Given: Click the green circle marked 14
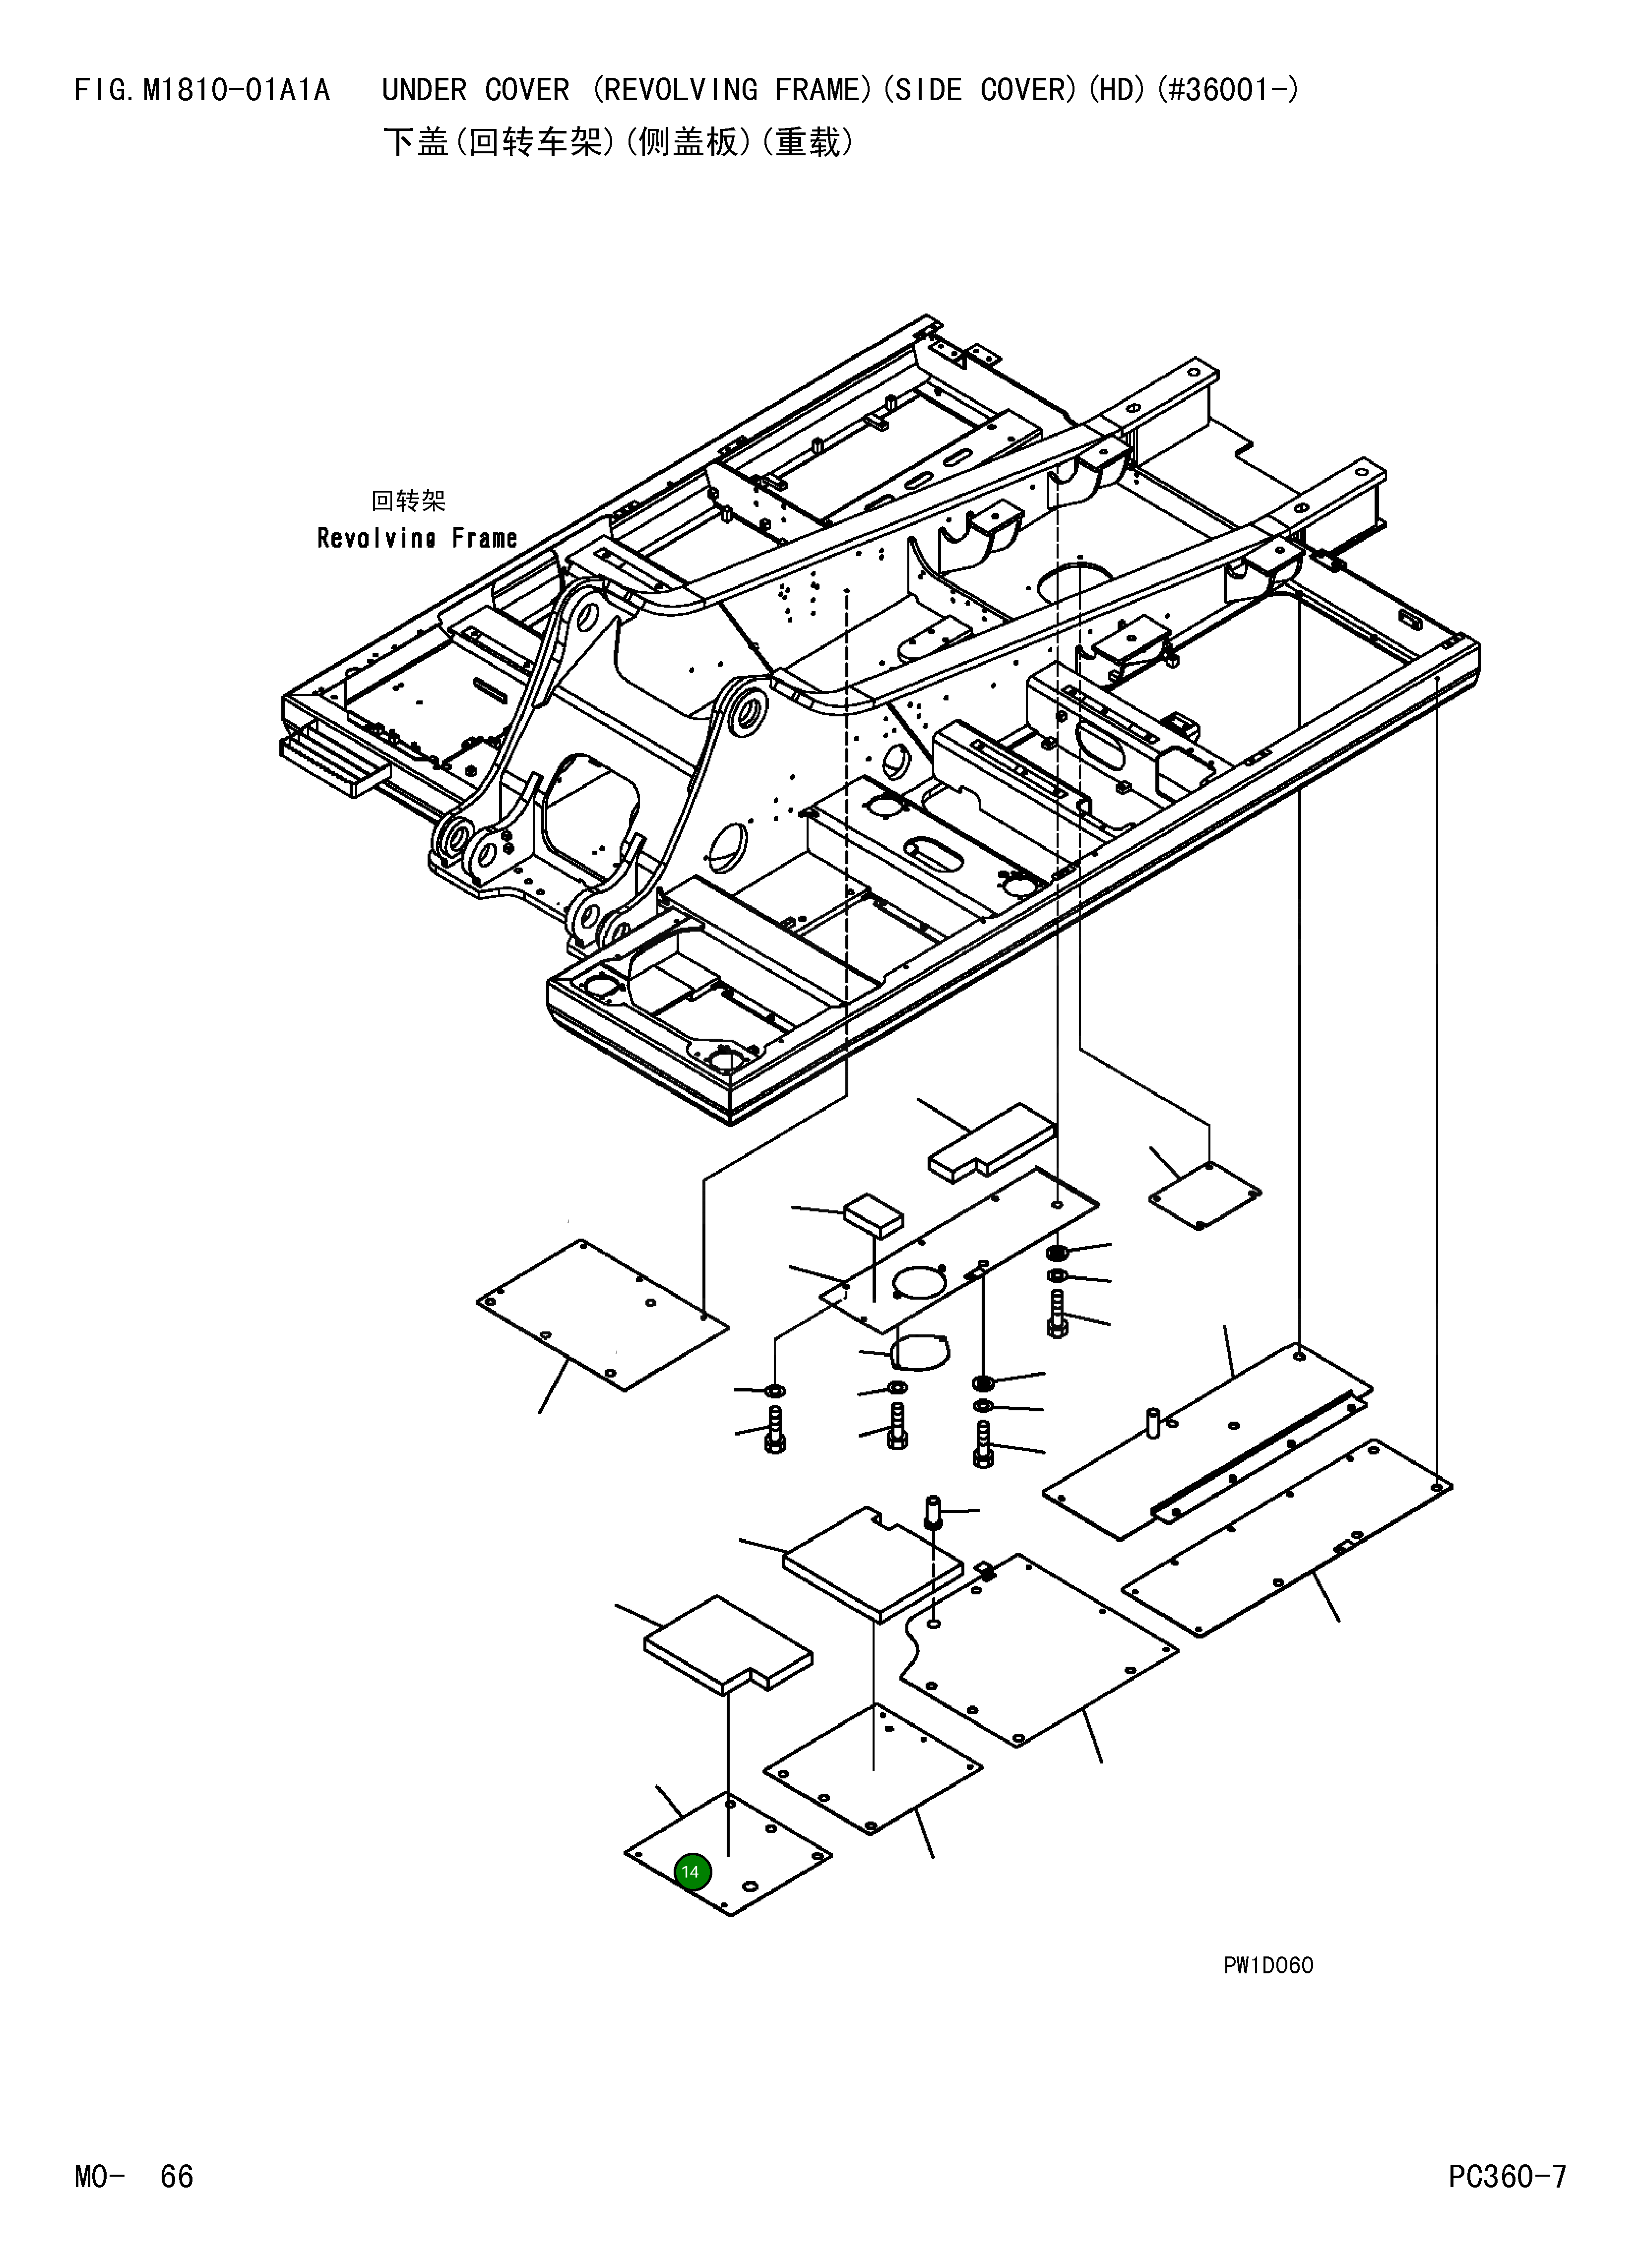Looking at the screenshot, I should pos(692,1872).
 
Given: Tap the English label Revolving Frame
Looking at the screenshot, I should pos(417,539).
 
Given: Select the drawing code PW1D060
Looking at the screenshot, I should pos(1268,1965).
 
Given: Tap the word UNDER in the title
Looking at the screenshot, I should pos(424,91).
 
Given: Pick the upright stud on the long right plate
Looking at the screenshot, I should pos(1153,1421).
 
